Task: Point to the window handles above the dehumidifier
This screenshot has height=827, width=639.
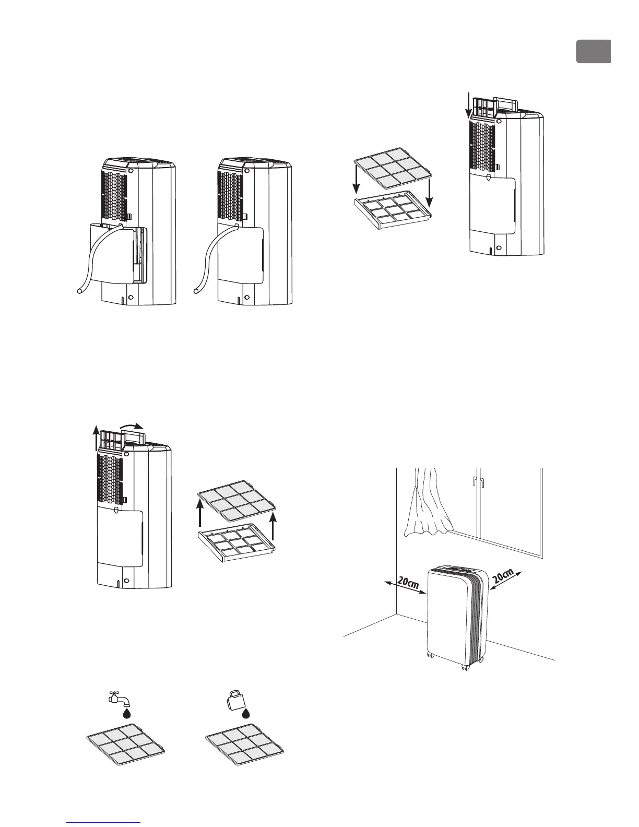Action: pos(478,482)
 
